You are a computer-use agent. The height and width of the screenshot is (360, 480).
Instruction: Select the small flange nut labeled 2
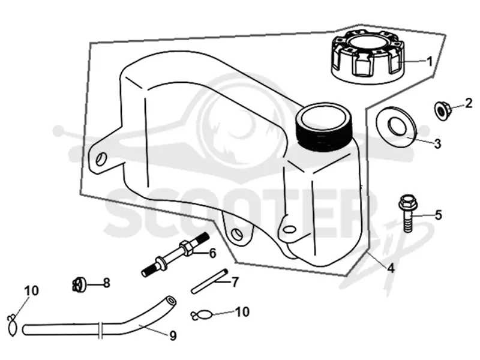pos(441,111)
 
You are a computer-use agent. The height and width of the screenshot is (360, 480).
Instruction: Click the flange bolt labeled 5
pos(407,213)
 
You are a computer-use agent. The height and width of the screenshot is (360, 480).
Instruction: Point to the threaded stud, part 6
pos(175,254)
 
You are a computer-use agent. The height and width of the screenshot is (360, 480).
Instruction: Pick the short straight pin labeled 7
pos(210,281)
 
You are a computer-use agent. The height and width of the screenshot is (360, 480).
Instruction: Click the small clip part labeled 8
pos(79,284)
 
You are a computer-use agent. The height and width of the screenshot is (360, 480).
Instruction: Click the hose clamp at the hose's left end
pos(12,326)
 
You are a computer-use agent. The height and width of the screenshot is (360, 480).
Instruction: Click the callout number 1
pos(430,62)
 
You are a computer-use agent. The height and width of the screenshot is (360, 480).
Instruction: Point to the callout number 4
pos(391,268)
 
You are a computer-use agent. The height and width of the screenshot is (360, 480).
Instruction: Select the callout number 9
pos(173,336)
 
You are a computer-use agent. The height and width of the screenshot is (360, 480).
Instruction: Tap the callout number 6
pos(212,253)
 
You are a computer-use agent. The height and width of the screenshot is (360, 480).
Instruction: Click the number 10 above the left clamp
pos(32,290)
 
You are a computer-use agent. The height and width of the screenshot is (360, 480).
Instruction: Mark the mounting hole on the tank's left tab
pos(100,158)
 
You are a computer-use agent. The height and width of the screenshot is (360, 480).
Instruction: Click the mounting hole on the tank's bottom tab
pos(237,234)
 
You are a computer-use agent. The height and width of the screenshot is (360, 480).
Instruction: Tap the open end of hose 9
pos(170,300)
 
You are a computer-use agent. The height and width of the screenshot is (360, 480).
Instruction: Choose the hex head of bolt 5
pos(407,201)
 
